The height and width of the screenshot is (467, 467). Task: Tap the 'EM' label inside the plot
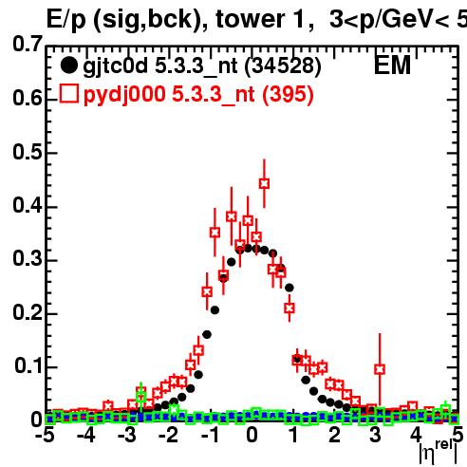click(x=392, y=65)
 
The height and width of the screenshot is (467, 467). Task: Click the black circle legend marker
click(x=68, y=65)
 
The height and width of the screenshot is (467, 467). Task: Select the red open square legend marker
click(x=69, y=94)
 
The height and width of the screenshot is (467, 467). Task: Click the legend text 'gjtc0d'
click(x=115, y=67)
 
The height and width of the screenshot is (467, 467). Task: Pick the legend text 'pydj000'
click(x=124, y=95)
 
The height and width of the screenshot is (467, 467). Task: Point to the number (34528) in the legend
click(x=283, y=66)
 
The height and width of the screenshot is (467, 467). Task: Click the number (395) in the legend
click(x=288, y=94)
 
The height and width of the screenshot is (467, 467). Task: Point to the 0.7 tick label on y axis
click(x=28, y=44)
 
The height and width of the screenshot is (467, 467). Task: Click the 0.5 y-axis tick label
click(x=28, y=152)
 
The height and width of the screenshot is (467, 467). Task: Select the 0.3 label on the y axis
click(x=28, y=258)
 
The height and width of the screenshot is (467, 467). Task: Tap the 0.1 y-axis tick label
click(x=28, y=365)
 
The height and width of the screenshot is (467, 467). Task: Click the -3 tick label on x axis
click(x=128, y=435)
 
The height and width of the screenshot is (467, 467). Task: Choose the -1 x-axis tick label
click(x=211, y=435)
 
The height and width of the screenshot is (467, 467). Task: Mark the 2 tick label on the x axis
click(x=334, y=435)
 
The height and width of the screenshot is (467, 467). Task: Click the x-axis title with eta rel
click(x=439, y=452)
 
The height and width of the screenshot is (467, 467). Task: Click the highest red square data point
click(x=264, y=183)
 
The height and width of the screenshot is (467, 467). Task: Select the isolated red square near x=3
click(x=380, y=369)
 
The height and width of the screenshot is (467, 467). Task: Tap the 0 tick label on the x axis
click(x=252, y=435)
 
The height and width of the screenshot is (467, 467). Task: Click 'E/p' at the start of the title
click(x=66, y=20)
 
